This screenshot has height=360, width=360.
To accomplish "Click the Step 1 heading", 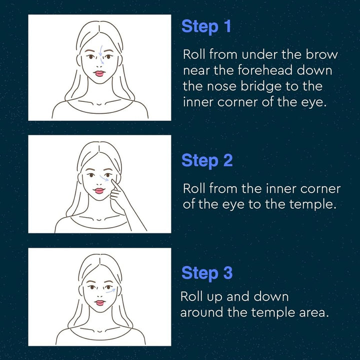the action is coord(206,26).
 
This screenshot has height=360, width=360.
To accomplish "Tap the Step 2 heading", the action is coord(207,160).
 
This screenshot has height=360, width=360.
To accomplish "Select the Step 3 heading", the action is coord(207,273).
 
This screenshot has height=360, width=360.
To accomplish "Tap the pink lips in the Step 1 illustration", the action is coord(100,73).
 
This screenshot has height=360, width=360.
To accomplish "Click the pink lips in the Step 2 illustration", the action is coord(99,191).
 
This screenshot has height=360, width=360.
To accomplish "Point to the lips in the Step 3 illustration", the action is coord(100,303).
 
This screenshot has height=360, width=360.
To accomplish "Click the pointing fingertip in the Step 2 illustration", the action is coord(112,181).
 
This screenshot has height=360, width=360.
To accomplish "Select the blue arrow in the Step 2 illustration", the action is coord(104,178).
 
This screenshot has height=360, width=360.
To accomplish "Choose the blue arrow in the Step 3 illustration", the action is coord(111,291).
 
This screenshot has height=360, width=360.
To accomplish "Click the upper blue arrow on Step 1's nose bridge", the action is coord(100,50).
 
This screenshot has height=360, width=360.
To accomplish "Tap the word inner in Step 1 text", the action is coord(198,102).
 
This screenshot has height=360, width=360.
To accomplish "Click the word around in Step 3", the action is coord(201,313).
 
